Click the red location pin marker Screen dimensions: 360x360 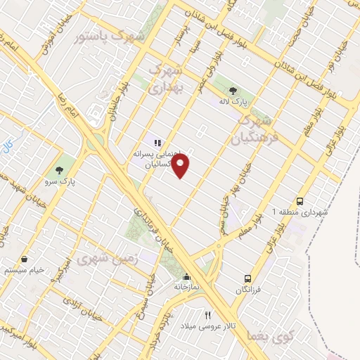[x=181, y=166]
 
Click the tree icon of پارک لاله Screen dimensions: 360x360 [x=233, y=89]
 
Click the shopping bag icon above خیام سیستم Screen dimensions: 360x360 [x=25, y=259]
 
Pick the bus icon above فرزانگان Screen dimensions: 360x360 [x=247, y=278]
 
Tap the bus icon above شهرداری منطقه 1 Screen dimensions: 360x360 [x=300, y=200]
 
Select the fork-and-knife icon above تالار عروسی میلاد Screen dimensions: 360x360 [x=207, y=316]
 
